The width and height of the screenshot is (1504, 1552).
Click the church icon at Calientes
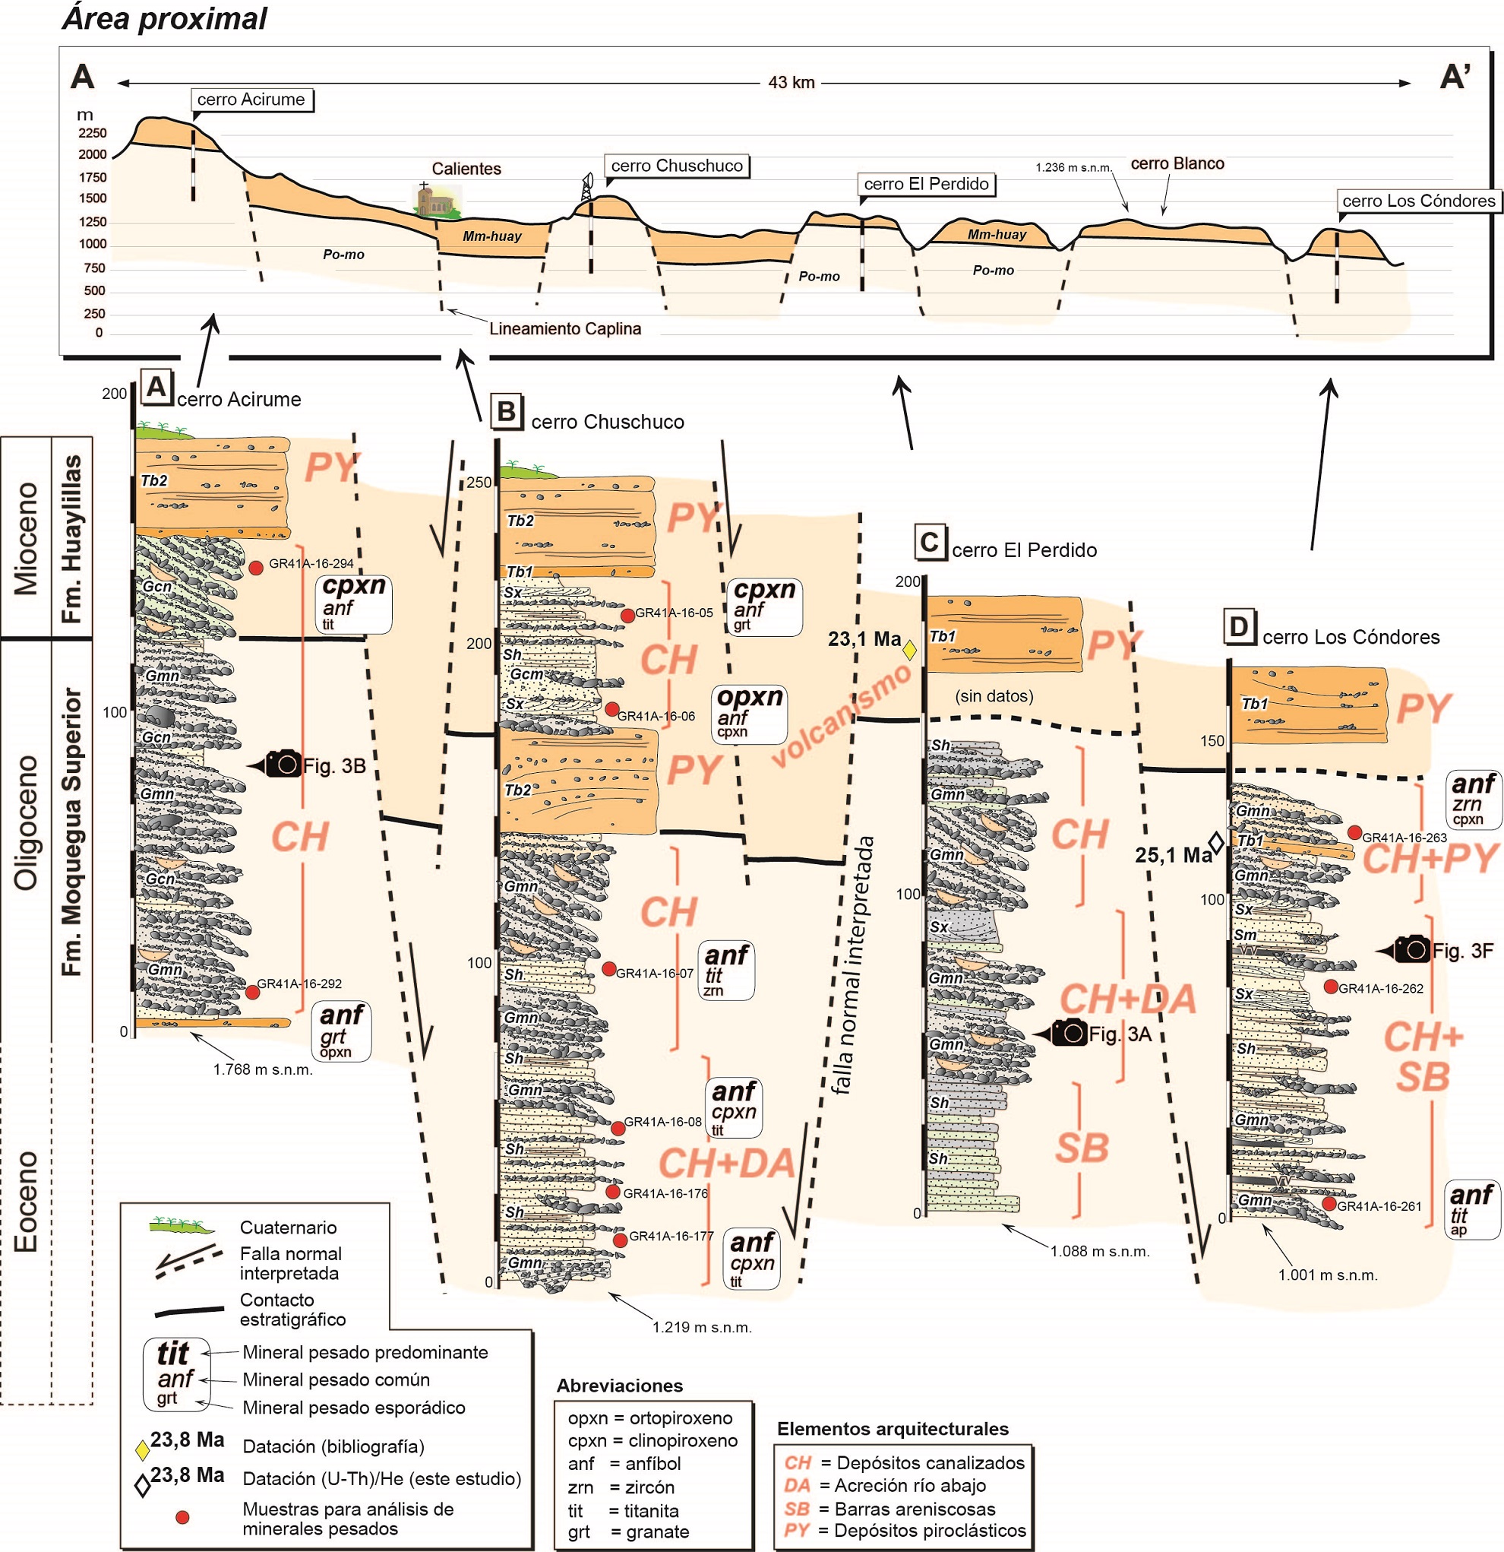pos(436,201)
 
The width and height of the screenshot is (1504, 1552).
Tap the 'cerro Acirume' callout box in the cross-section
pos(251,100)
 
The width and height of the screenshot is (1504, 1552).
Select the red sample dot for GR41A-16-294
pos(257,568)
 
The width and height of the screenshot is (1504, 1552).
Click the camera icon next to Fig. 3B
pos(283,764)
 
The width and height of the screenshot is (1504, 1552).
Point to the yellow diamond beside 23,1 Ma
pos(909,651)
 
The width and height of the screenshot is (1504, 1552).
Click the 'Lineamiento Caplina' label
pos(564,328)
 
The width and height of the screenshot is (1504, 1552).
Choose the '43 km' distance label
pos(791,82)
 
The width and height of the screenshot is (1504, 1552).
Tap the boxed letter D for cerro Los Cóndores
pos(1239,627)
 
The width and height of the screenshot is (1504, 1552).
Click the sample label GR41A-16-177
pos(671,1236)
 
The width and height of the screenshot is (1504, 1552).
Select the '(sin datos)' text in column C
pos(994,696)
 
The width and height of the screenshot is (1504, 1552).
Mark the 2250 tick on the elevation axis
pos(93,133)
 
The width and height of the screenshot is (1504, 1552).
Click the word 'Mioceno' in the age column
pos(26,537)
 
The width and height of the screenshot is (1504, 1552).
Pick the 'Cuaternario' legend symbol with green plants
pos(182,1226)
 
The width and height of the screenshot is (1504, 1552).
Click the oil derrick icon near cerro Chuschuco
pos(586,188)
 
